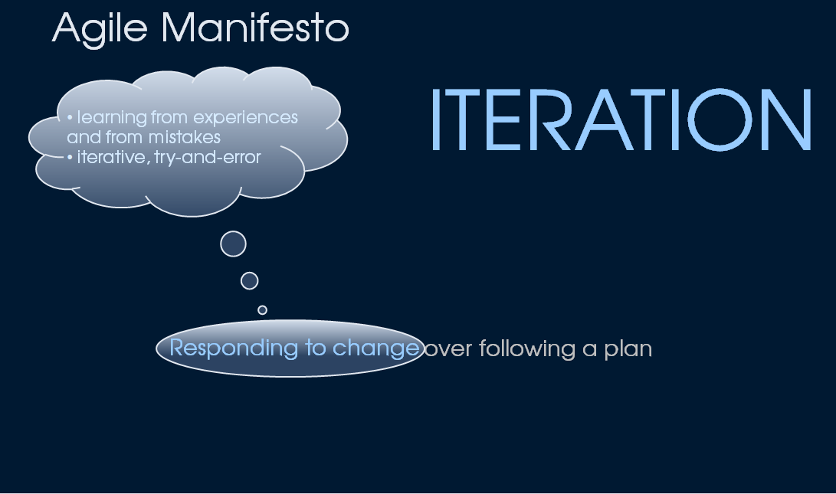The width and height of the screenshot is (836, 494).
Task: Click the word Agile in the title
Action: [100, 29]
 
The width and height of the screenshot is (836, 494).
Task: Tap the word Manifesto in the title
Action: [255, 27]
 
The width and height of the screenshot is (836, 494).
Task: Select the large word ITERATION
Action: [621, 119]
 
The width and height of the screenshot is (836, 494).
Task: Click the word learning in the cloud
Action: [112, 118]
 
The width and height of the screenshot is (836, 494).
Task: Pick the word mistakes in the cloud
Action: [185, 138]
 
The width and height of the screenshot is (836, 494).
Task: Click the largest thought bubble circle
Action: [234, 244]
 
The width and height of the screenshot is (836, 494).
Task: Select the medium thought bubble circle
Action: [250, 281]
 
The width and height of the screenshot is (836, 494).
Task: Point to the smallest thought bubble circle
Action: [262, 310]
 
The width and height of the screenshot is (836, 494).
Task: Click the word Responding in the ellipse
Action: [234, 348]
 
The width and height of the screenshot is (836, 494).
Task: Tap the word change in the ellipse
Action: [376, 348]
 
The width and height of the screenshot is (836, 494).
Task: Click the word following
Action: [527, 349]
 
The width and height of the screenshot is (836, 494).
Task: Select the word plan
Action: [628, 349]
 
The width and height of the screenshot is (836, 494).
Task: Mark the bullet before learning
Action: [70, 117]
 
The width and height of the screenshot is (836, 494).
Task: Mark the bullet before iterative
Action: [70, 157]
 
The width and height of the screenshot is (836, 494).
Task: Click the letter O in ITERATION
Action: [720, 119]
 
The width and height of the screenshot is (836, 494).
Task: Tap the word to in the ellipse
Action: [315, 348]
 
